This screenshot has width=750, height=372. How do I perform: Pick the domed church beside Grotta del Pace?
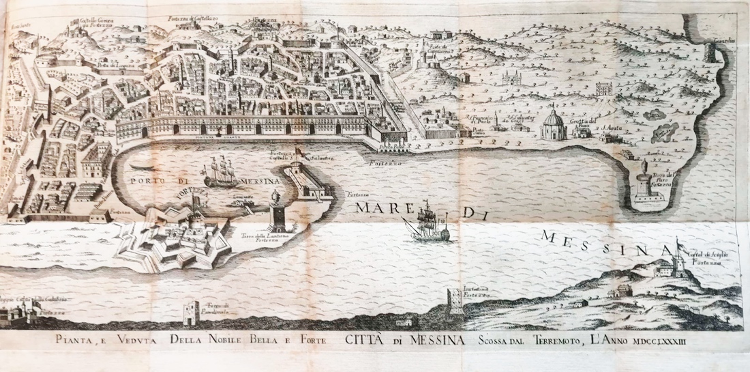554,125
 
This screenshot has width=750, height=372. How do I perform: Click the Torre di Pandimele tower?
190,313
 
